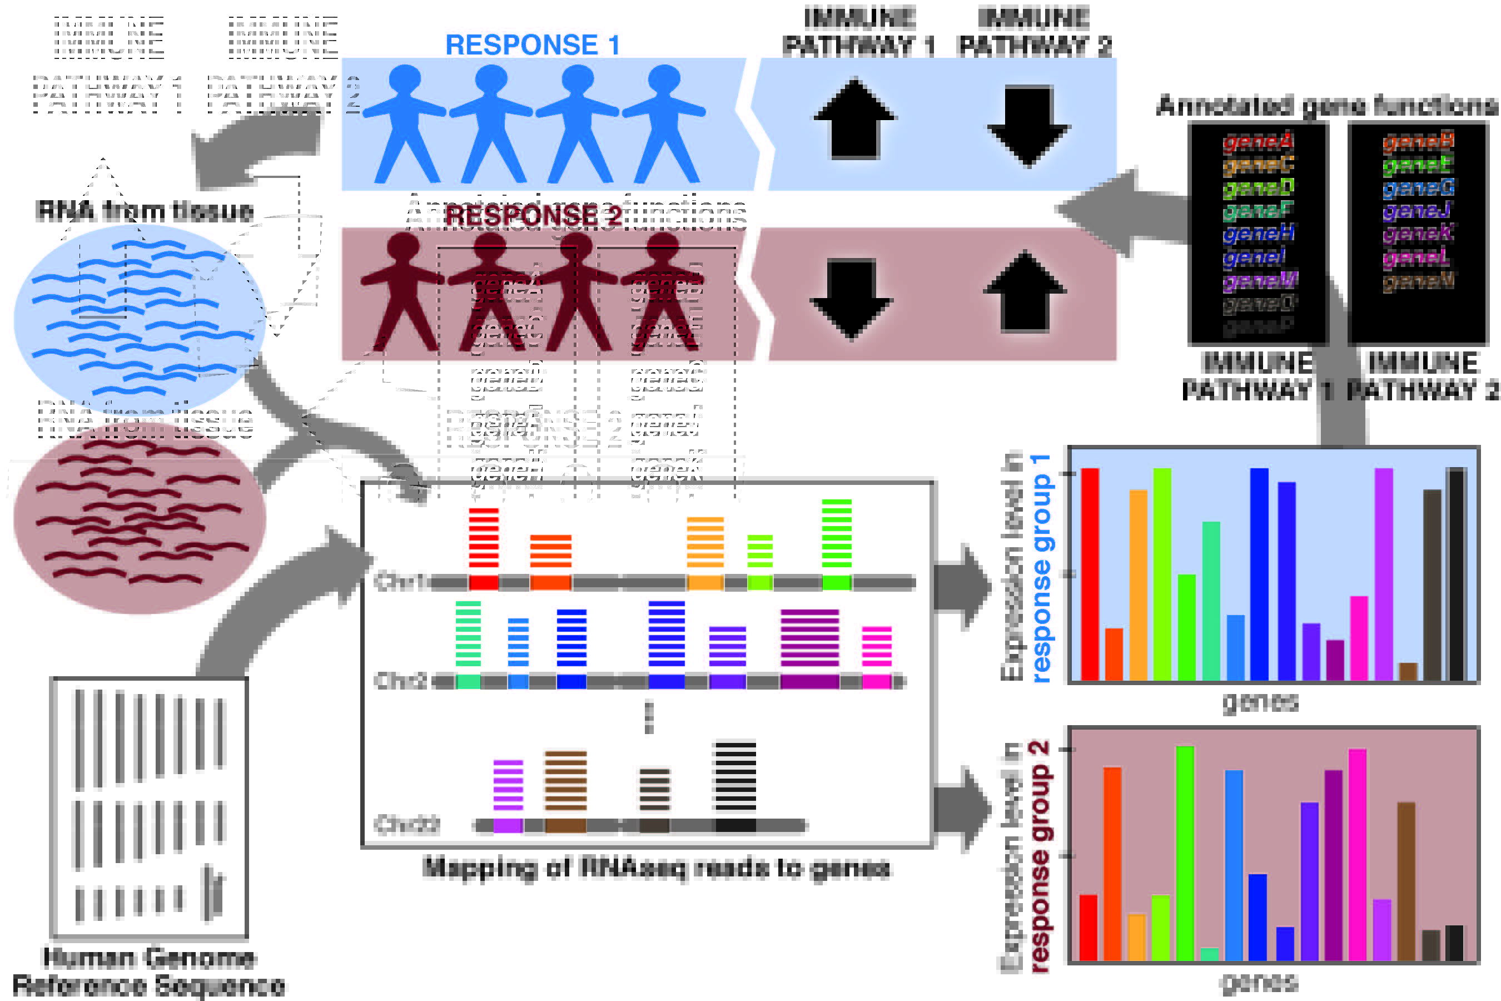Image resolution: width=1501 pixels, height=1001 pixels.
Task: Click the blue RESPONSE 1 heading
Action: pos(532,44)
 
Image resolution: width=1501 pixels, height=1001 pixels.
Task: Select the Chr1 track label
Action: pos(400,582)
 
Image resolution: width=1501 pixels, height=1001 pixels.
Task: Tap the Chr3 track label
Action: pos(400,681)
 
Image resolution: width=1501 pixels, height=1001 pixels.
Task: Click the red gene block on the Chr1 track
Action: pos(483,582)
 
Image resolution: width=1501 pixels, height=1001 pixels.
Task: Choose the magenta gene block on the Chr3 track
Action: pos(876,681)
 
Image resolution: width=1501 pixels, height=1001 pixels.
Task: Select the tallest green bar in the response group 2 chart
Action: pos(1185,853)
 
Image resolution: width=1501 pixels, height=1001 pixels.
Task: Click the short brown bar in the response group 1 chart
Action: pos(1408,672)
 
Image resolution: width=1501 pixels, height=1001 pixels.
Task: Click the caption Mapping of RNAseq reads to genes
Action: pos(657,868)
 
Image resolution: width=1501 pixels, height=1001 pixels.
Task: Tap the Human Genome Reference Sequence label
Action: pos(148,971)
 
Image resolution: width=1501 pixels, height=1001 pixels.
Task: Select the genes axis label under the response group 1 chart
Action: pos(1260,702)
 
